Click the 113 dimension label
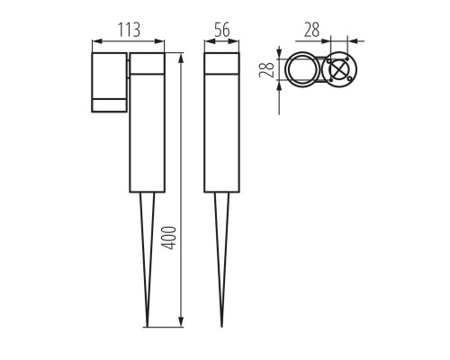point(129,30)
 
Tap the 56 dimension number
point(222,30)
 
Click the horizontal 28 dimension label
point(311,30)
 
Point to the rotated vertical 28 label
point(266,69)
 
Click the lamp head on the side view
point(109,83)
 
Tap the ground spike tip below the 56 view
point(221,326)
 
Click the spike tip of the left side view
point(147,326)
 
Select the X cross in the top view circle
point(339,71)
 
